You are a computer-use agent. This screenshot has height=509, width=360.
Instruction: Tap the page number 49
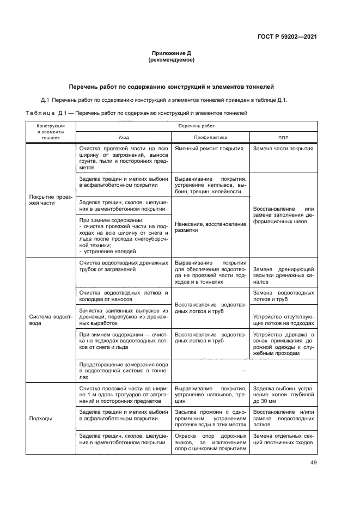click(313, 463)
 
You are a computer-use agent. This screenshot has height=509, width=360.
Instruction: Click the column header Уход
click(123, 138)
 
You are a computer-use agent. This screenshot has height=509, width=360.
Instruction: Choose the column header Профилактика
click(210, 138)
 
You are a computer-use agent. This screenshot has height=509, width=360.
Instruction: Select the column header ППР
click(283, 138)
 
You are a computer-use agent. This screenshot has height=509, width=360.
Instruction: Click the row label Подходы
click(41, 419)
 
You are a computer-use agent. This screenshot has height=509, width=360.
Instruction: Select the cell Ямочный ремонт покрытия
click(209, 149)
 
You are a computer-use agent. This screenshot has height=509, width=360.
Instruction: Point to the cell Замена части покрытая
click(283, 149)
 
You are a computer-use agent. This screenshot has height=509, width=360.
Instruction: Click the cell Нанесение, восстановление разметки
click(210, 226)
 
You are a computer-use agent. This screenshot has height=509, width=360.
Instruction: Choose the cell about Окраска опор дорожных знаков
click(210, 442)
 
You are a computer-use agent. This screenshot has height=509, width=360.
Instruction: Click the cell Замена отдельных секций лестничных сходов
click(283, 439)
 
